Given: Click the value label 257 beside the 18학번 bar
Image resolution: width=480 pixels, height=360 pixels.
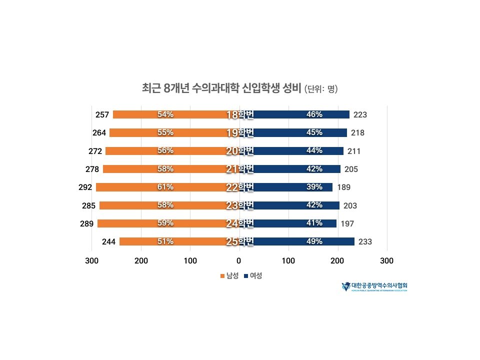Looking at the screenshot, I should (102, 115).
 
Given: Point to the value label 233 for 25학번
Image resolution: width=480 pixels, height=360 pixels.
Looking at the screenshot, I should (365, 242).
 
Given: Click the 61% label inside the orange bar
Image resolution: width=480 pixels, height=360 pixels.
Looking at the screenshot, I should (165, 187).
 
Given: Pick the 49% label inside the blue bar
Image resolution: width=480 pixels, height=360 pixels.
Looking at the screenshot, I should (314, 241).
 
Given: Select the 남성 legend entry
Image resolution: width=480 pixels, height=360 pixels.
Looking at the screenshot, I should (229, 275).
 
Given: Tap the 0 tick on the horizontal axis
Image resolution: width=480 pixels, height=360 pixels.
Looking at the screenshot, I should (239, 260).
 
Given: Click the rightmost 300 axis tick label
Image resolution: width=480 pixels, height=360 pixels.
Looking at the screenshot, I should (386, 260).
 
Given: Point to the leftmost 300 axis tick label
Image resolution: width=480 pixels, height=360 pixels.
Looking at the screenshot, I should (91, 260).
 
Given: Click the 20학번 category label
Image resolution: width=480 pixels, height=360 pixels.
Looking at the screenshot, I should (240, 151).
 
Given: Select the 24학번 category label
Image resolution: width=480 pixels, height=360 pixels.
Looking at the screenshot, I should (240, 223).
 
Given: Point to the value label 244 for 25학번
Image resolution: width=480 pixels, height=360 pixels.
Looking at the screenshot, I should (108, 242).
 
